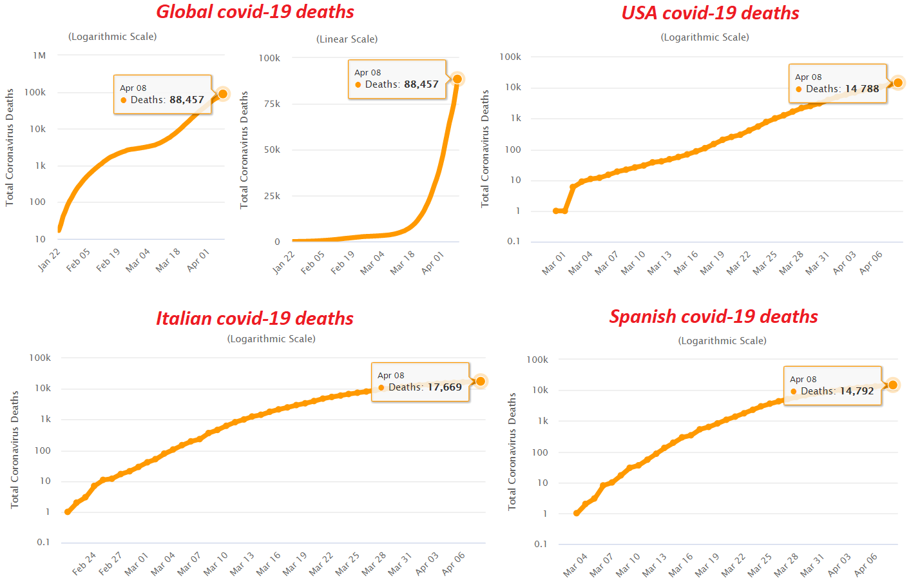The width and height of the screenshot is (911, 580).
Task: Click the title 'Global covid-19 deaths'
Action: (x=255, y=12)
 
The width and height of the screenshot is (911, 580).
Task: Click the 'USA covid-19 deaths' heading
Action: (x=710, y=14)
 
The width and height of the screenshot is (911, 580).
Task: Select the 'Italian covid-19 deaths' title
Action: (x=254, y=318)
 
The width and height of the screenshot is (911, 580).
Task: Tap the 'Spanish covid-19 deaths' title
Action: (x=713, y=317)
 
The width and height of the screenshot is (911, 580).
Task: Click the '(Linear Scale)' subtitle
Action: (x=347, y=39)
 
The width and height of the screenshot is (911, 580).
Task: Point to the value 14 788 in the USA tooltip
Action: (x=861, y=89)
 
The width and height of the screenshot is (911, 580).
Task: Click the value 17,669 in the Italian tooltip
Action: (x=445, y=387)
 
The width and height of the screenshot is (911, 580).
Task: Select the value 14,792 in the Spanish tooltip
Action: (x=856, y=391)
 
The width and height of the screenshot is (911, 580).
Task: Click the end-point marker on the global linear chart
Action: (x=457, y=79)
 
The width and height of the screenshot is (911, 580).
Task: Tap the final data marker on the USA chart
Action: (x=898, y=82)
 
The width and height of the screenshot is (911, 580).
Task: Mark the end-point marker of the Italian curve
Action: (x=481, y=382)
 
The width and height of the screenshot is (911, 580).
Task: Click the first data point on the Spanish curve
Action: (x=577, y=513)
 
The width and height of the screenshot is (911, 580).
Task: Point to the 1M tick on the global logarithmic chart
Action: (x=40, y=56)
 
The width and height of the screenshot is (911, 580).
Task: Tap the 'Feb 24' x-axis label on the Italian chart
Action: (x=84, y=563)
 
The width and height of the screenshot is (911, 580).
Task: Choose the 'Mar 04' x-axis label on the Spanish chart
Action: (x=575, y=565)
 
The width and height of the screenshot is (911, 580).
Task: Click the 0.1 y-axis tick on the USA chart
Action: (x=513, y=242)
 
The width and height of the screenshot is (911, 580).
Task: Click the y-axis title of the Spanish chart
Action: (x=512, y=451)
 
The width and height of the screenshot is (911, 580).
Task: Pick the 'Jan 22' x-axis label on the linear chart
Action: (x=283, y=262)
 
